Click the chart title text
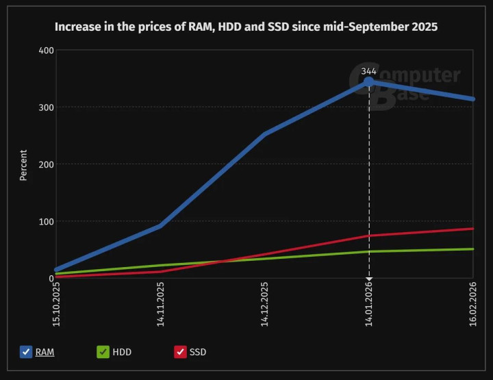click(x=246, y=27)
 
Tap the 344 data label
click(x=368, y=71)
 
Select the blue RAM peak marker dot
click(x=368, y=82)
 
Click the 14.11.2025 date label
click(x=160, y=304)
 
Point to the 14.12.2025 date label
click(x=265, y=304)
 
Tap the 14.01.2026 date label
click(x=369, y=304)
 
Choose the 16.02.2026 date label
click(x=473, y=304)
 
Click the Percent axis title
click(x=23, y=165)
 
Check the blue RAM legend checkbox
click(x=25, y=352)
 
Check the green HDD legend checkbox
click(x=103, y=352)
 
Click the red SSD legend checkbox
click(x=181, y=352)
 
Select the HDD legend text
click(x=122, y=352)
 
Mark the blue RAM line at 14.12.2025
click(x=265, y=134)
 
